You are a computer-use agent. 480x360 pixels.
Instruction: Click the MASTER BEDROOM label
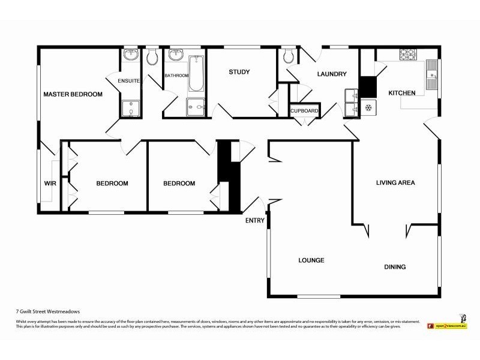73,94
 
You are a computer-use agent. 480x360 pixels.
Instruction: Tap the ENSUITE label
129,81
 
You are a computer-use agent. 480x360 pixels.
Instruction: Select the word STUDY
239,72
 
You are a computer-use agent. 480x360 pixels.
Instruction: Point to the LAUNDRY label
332,74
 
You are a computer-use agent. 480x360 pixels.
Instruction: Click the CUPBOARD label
304,111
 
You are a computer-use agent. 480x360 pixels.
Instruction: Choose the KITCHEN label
402,93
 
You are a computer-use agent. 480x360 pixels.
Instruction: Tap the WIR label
50,184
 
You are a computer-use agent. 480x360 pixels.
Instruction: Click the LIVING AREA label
395,182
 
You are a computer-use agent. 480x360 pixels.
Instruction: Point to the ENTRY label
254,221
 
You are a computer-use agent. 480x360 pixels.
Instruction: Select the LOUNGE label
311,260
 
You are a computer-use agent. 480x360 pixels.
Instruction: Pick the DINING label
395,267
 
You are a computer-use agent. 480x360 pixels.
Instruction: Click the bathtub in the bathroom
196,74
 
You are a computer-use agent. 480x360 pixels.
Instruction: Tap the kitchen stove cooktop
409,55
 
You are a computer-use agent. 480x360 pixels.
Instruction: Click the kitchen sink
431,75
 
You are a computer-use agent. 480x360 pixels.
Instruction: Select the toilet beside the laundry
289,56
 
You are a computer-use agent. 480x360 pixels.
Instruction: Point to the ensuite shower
130,109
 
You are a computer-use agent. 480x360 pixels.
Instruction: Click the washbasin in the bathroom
176,56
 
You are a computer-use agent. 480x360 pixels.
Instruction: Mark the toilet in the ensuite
152,57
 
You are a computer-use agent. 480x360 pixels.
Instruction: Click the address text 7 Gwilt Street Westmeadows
48,312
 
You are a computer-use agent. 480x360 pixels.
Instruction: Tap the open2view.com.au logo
447,324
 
